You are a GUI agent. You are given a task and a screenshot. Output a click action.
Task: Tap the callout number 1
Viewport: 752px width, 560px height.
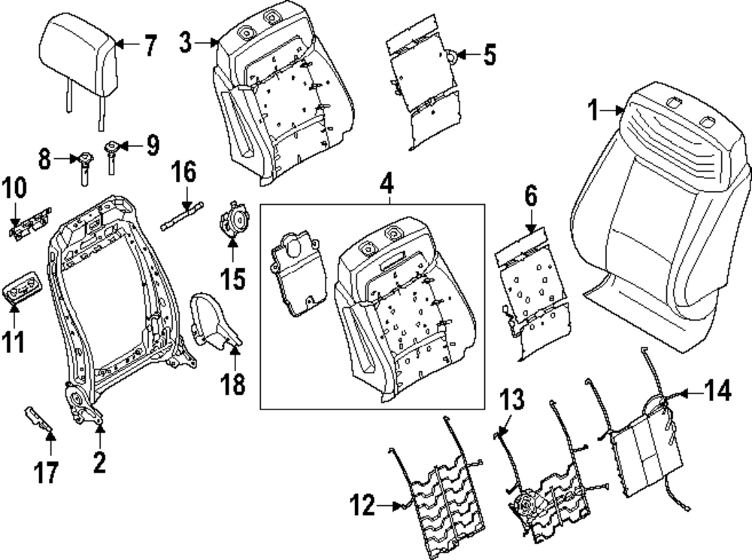pos(594,111)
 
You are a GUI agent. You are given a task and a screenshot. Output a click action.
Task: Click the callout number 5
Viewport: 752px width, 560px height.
pos(490,55)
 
